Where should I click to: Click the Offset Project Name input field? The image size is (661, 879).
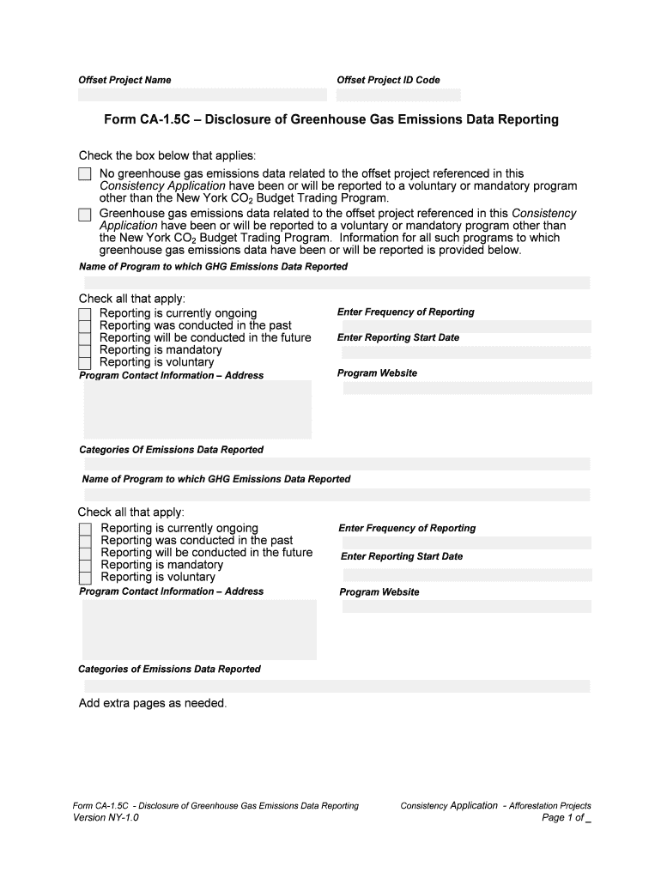coord(203,94)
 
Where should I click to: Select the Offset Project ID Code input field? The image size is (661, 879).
coord(398,94)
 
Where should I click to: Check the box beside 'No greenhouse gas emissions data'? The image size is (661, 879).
coord(84,174)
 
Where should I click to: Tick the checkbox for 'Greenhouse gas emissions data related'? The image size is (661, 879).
coord(84,214)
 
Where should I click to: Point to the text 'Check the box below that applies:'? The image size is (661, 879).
coord(167,155)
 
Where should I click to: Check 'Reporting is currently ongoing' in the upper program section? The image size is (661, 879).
coord(84,314)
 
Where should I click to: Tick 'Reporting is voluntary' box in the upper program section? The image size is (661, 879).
coord(84,363)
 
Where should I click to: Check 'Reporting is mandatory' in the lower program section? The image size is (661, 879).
coord(85,566)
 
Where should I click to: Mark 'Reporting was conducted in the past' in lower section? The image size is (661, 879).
coord(85,542)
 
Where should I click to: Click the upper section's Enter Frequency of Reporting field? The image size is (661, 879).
coord(467,326)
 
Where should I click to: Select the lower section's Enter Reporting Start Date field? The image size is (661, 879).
coord(467,571)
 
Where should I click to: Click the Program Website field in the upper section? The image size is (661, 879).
coord(467,388)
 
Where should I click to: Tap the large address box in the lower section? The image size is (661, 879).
coord(199,629)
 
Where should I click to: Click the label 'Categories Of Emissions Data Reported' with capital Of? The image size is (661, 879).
coord(171,450)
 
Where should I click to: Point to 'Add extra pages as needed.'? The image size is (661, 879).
coord(153,704)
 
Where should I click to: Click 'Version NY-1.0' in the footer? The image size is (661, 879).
coord(106,818)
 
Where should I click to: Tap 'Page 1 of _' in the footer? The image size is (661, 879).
coord(567,818)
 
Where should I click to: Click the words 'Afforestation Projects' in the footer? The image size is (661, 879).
coord(549,806)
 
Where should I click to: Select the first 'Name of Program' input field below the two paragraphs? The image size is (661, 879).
coord(335,282)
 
